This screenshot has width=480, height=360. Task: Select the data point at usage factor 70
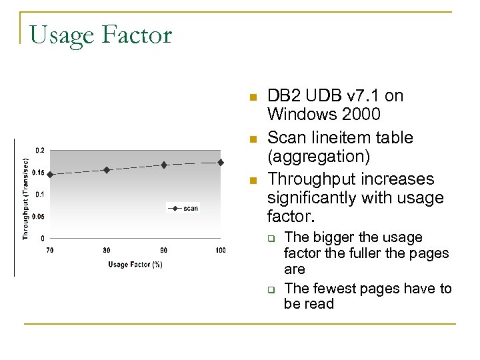pyautogui.click(x=50, y=174)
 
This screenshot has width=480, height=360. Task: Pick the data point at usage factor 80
pyautogui.click(x=107, y=170)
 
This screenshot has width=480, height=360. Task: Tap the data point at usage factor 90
pyautogui.click(x=164, y=165)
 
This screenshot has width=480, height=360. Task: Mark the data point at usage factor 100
pyautogui.click(x=221, y=162)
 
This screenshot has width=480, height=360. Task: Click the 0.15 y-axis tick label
pyautogui.click(x=39, y=173)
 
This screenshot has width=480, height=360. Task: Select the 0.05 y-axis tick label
pyautogui.click(x=39, y=217)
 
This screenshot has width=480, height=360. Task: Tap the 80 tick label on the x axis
pyautogui.click(x=107, y=250)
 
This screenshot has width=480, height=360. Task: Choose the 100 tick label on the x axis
pyautogui.click(x=220, y=250)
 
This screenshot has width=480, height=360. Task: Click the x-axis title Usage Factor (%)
pyautogui.click(x=135, y=265)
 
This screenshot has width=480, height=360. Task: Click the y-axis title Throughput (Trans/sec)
pyautogui.click(x=25, y=199)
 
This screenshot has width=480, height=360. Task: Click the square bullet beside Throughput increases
pyautogui.click(x=252, y=181)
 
